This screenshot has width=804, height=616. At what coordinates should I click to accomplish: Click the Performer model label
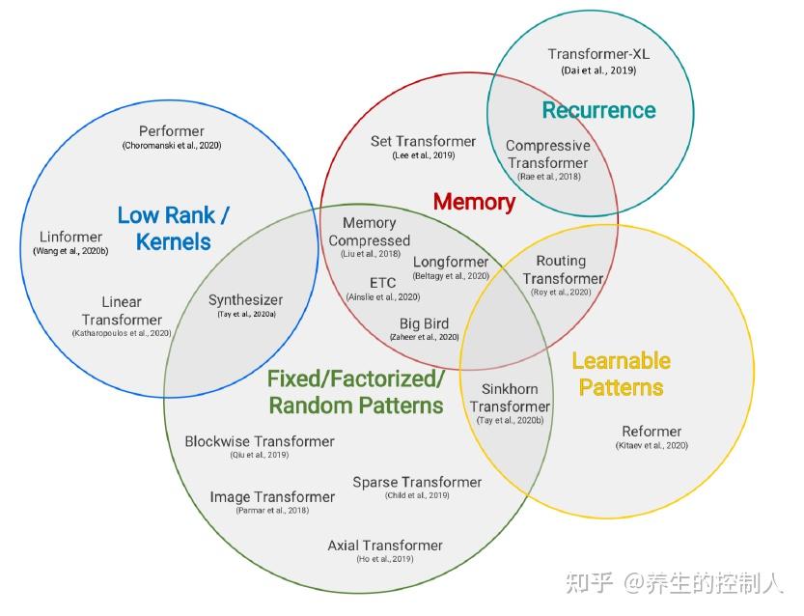[x=171, y=131]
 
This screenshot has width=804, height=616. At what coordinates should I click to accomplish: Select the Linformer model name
[x=70, y=238]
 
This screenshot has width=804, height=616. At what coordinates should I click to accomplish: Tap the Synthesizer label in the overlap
[x=245, y=300]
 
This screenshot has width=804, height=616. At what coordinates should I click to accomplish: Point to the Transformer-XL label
[x=598, y=54]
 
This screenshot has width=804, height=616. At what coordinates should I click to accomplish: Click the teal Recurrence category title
[x=598, y=110]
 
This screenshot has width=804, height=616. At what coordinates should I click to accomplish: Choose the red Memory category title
[x=474, y=202]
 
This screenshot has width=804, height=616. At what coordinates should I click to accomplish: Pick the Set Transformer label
[x=423, y=141]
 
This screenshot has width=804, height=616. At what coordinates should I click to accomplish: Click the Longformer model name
[x=451, y=262]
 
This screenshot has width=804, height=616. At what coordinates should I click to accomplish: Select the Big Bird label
[x=424, y=323]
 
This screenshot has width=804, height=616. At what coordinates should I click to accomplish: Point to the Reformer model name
[x=652, y=432]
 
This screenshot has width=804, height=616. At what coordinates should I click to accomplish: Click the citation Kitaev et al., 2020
[x=652, y=445]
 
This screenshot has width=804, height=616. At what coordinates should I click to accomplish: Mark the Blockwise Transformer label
[x=260, y=441]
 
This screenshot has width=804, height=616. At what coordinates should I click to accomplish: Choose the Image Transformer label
[x=272, y=497]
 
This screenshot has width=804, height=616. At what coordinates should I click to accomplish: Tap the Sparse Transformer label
[x=417, y=482]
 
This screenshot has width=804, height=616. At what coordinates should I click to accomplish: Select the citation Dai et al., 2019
[x=598, y=70]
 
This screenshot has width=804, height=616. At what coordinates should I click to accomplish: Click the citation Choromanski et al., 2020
[x=171, y=145]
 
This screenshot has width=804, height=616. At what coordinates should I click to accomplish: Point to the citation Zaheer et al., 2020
[x=424, y=337]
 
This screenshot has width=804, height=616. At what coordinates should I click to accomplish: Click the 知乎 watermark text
[x=590, y=582]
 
